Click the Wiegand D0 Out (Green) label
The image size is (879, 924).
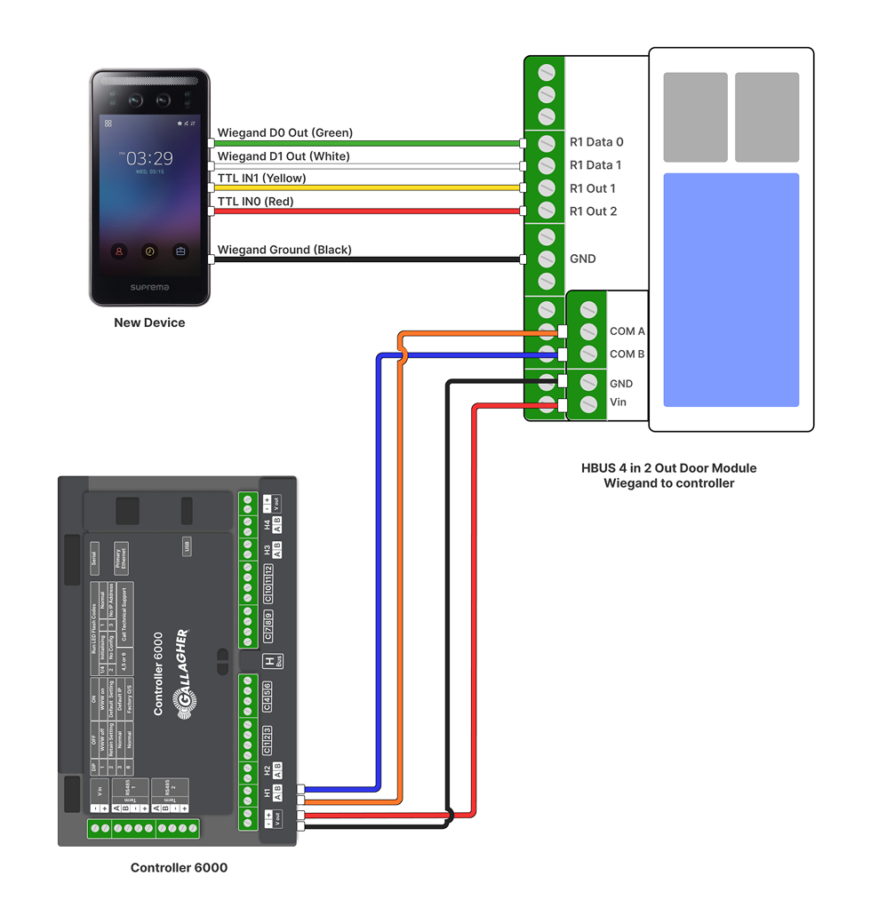click(x=284, y=132)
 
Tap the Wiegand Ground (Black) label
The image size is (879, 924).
click(x=284, y=250)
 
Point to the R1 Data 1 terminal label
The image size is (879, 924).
click(x=595, y=165)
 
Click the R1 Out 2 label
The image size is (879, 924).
click(x=593, y=211)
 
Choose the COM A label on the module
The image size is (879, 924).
click(x=627, y=331)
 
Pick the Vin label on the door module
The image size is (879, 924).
click(x=618, y=402)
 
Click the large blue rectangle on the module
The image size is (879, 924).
click(x=731, y=290)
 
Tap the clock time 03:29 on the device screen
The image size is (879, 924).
click(x=149, y=158)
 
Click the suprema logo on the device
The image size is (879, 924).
click(x=149, y=287)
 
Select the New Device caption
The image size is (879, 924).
click(x=149, y=323)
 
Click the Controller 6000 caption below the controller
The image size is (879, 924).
click(x=179, y=867)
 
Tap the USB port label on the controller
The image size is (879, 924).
click(x=187, y=547)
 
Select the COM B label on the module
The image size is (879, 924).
click(x=627, y=354)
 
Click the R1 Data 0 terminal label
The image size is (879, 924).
click(x=595, y=142)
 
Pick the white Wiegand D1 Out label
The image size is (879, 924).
click(x=284, y=156)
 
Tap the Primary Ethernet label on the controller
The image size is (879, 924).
click(x=121, y=559)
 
